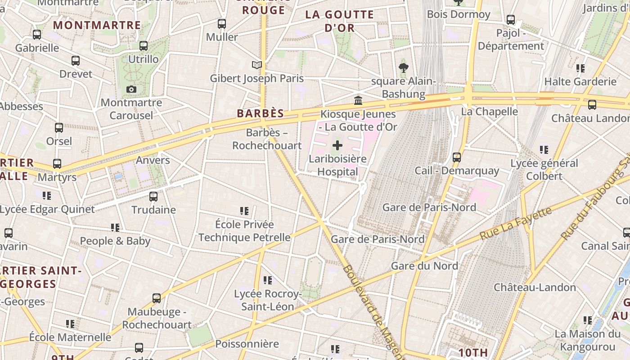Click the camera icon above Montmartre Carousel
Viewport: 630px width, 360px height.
tap(131, 90)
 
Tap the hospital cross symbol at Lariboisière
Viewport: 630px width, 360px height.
tap(337, 145)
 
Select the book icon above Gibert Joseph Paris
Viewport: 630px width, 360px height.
tap(257, 65)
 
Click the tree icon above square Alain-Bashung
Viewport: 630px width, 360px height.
tap(403, 68)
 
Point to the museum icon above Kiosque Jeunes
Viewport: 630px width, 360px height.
tap(358, 100)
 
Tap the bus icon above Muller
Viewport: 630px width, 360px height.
tap(222, 24)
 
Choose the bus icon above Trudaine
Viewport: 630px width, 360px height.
tap(153, 197)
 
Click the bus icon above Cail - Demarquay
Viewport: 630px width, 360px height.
tap(457, 157)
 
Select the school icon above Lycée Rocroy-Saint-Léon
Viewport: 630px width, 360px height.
tap(268, 281)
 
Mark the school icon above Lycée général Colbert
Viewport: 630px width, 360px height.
tap(544, 150)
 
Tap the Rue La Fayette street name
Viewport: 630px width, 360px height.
tap(515, 224)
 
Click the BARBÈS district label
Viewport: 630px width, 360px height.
tap(261, 113)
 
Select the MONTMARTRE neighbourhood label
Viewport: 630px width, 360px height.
tap(97, 25)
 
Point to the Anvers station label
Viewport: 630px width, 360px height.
tap(153, 160)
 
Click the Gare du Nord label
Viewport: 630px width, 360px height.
tap(424, 265)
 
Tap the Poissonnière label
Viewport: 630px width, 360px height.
tap(247, 344)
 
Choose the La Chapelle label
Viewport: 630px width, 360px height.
tap(490, 111)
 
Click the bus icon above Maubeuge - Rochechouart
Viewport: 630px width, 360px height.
tap(157, 298)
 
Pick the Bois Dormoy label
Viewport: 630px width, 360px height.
tap(459, 14)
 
